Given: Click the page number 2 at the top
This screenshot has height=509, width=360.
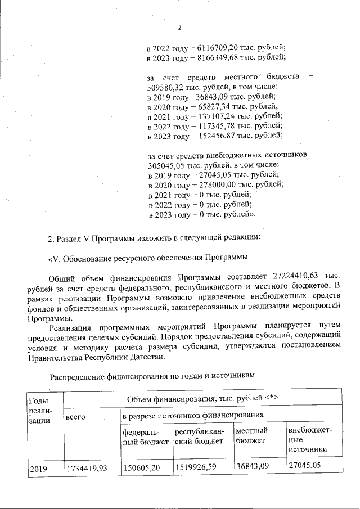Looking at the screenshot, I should [x=179, y=28].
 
